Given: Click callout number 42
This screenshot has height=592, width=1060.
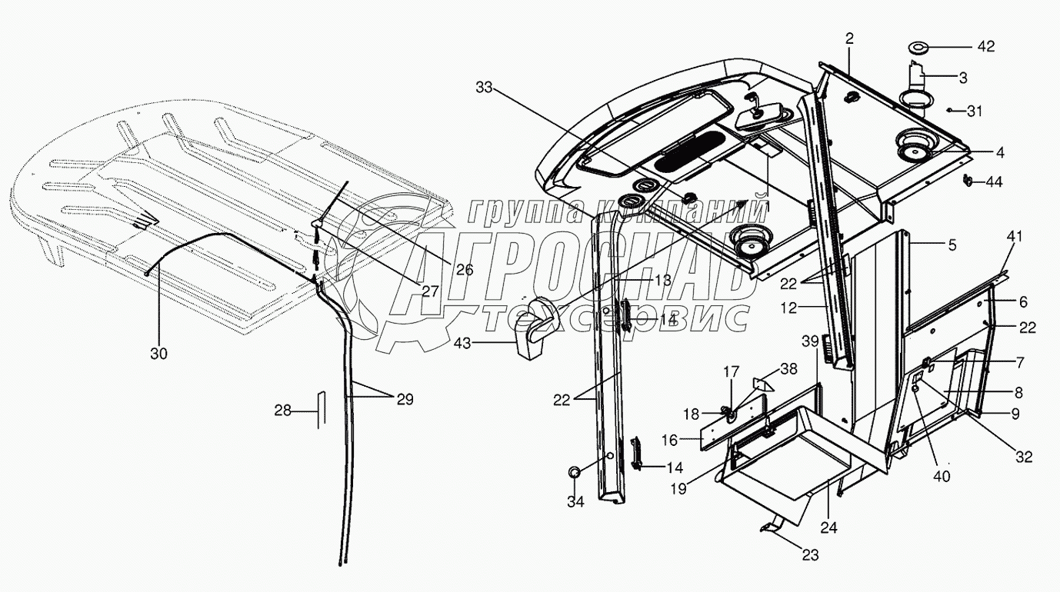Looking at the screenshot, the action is pos(985,47).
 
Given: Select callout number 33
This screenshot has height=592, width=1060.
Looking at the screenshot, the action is pos(484,89).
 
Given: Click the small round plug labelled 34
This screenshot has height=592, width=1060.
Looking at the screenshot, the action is pos(575,473).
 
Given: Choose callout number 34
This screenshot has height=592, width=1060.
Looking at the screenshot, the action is pos(575,502).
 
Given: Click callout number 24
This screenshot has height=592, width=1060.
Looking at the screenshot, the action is pos(828,527).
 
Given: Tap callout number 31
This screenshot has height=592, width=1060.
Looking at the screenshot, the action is pos(975,111).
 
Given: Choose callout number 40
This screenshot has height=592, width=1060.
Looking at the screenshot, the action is pos(942,475).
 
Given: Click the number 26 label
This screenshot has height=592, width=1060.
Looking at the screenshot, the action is pos(464,270).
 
